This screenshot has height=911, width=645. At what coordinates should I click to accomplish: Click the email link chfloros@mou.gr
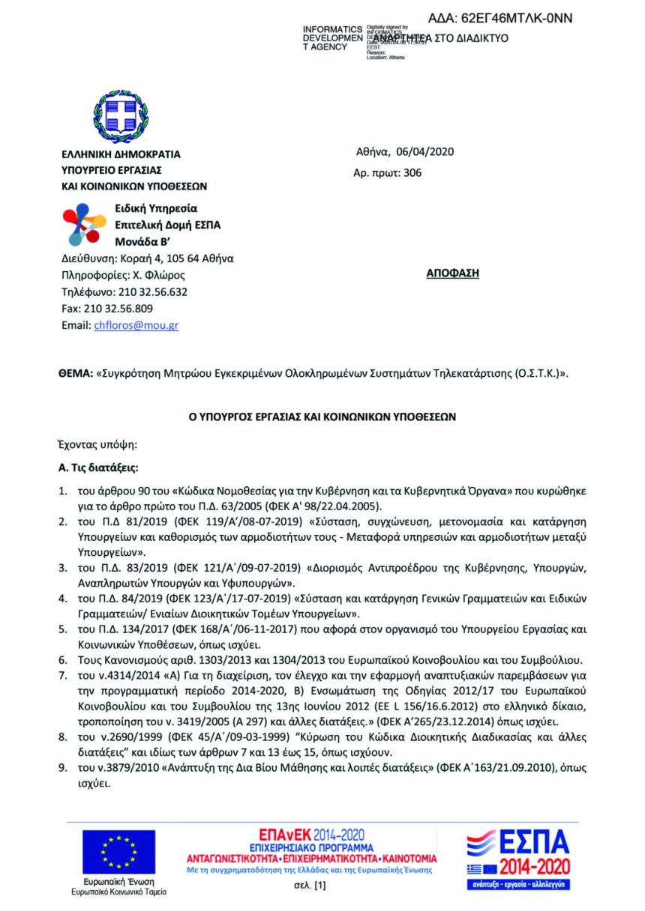tap(136, 325)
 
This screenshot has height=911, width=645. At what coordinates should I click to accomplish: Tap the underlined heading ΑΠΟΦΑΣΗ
tap(452, 273)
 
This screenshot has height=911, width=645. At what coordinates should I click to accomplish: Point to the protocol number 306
tap(412, 173)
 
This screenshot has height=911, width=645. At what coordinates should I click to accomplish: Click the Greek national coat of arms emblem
tap(120, 116)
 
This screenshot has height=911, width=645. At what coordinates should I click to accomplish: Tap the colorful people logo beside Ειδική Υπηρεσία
tap(85, 224)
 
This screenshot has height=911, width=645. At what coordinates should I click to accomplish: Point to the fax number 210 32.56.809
tap(118, 309)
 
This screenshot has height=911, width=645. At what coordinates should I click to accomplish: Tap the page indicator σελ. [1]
tap(310, 886)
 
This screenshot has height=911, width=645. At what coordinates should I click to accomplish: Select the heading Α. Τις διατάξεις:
tap(98, 467)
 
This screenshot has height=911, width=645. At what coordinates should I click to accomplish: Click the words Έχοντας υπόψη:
tap(94, 444)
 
